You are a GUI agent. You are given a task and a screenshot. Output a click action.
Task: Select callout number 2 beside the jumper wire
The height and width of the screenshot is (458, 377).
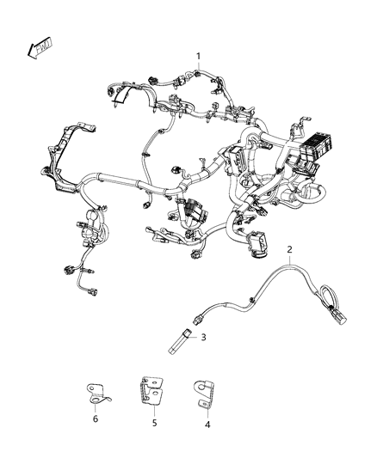point(290,250)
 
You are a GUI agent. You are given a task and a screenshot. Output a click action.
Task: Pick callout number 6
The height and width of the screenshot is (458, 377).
point(96,418)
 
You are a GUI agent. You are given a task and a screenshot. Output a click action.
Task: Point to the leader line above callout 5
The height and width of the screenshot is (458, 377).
point(153,410)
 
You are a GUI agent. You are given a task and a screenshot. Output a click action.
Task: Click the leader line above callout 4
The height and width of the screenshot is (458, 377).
point(205,410)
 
